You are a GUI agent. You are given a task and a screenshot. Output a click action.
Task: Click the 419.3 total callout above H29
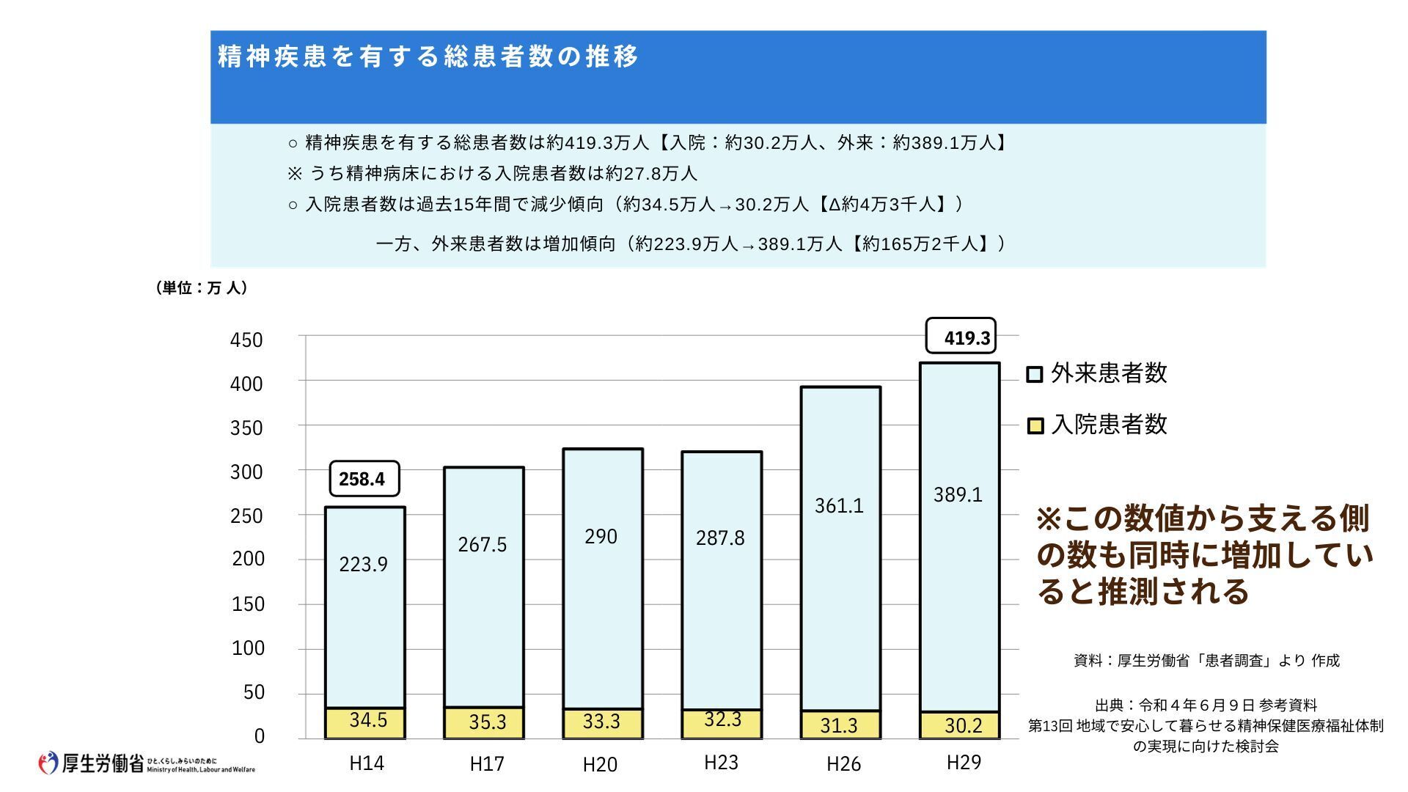(961, 337)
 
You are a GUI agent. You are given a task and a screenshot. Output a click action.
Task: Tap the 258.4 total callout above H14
(364, 479)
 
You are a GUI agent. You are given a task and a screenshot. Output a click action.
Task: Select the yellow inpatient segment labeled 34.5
(365, 722)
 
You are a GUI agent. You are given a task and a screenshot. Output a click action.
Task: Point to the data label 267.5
(482, 544)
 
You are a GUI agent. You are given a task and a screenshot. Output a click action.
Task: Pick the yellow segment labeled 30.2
(960, 725)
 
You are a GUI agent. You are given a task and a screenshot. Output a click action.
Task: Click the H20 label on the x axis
(600, 764)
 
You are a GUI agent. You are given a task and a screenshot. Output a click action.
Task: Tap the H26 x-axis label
(843, 764)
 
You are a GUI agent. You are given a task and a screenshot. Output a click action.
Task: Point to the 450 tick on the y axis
(246, 340)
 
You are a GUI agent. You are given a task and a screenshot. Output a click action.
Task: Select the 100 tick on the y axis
(247, 648)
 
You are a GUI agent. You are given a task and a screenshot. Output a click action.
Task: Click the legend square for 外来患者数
(1034, 375)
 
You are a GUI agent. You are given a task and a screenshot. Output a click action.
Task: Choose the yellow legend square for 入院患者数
(1035, 426)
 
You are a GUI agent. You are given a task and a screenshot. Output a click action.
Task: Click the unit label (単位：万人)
(201, 288)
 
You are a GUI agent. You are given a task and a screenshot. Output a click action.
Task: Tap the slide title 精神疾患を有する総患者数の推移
(428, 56)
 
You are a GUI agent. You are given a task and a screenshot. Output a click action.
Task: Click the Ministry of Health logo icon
(48, 763)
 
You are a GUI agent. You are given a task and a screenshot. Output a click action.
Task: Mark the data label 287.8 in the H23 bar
(719, 538)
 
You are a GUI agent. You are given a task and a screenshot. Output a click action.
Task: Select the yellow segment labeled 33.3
(602, 722)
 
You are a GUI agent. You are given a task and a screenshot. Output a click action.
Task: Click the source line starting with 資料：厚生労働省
(1206, 661)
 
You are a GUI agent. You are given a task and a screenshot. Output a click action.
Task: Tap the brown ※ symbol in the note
(1049, 519)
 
